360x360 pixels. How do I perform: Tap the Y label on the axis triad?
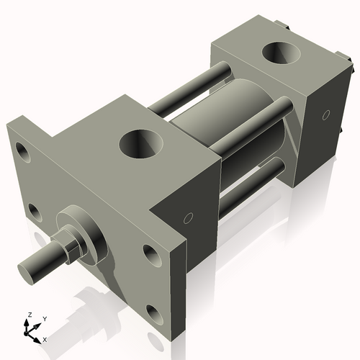coord(44,318)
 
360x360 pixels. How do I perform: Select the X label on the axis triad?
coord(45,338)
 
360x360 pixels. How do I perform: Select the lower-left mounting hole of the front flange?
coord(33,211)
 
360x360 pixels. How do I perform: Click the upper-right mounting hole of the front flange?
coord(150,253)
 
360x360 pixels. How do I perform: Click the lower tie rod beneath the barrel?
coord(252,184)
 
